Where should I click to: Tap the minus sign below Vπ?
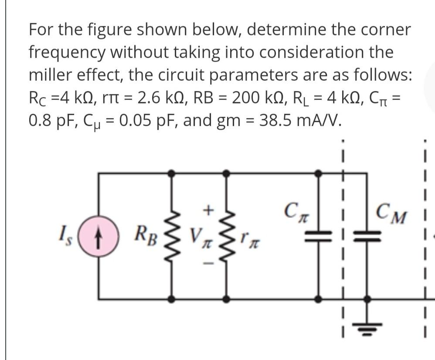pos(208,264)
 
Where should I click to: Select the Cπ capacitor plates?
pos(319,237)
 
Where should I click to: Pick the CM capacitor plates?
pos(367,237)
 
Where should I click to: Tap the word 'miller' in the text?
pos(50,74)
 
